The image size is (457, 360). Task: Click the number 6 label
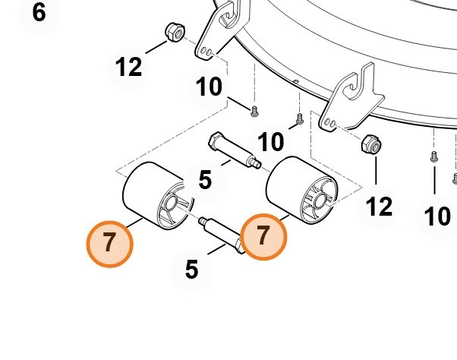click(39, 13)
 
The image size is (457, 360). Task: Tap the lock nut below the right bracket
click(372, 144)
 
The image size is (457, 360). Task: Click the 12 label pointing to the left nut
click(128, 67)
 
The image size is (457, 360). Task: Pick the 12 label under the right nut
click(379, 207)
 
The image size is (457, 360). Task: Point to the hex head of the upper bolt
click(216, 140)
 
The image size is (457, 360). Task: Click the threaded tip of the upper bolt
click(257, 164)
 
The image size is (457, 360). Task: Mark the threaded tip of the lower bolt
click(202, 221)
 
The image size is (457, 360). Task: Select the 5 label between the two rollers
click(205, 179)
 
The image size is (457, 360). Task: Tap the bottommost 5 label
click(191, 270)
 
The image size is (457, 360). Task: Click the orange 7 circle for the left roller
click(109, 244)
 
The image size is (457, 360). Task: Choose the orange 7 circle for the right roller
click(263, 237)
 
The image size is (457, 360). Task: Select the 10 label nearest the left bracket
click(209, 87)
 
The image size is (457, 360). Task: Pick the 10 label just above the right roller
click(270, 142)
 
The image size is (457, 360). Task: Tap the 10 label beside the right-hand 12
click(437, 216)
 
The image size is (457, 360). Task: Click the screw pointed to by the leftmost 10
click(254, 112)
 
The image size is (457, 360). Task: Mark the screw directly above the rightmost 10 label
click(434, 156)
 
